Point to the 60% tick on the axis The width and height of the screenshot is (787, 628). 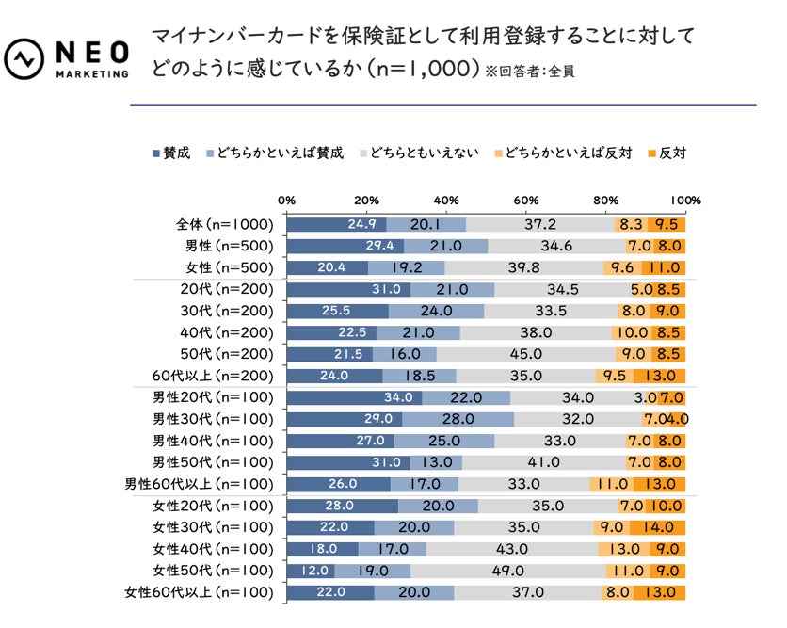(525, 201)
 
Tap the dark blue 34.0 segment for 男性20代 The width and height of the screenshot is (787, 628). (354, 397)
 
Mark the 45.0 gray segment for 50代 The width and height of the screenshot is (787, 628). (525, 354)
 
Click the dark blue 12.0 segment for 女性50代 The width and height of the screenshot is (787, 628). (311, 571)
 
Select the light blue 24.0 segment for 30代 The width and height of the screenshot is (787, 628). (436, 311)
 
